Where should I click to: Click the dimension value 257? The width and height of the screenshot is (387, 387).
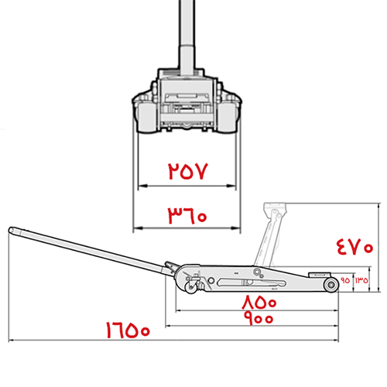pyautogui.click(x=188, y=171)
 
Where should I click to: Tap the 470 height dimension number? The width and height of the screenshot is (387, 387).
pyautogui.click(x=354, y=247)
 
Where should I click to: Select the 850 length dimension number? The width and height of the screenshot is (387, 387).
pyautogui.click(x=259, y=302)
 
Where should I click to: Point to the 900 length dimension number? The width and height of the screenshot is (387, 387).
pyautogui.click(x=259, y=318)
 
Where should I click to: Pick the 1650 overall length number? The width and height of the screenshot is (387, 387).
pyautogui.click(x=128, y=330)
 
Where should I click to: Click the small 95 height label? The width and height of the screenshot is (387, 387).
pyautogui.click(x=345, y=280)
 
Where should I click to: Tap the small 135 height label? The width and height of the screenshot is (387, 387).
pyautogui.click(x=361, y=280)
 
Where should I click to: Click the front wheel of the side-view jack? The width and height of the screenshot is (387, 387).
pyautogui.click(x=331, y=285)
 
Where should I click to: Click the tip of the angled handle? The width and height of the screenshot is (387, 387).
pyautogui.click(x=11, y=230)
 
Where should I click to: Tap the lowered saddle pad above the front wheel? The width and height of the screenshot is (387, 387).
pyautogui.click(x=320, y=274)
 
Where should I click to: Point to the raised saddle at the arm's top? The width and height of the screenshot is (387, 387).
pyautogui.click(x=275, y=207)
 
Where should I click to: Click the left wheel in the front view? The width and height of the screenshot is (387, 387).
pyautogui.click(x=146, y=118)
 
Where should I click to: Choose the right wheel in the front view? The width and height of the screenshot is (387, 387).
pyautogui.click(x=227, y=118)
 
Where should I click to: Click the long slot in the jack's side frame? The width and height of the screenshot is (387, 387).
pyautogui.click(x=252, y=283)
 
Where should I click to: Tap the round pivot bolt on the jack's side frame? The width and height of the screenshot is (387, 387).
pyautogui.click(x=257, y=272)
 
